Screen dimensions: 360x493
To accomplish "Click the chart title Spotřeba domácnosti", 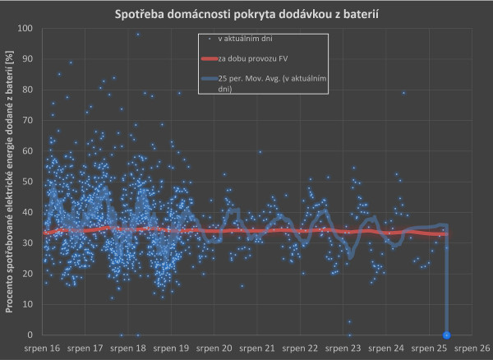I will pyautogui.click(x=246, y=15).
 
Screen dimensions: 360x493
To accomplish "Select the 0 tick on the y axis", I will pyautogui.click(x=30, y=335).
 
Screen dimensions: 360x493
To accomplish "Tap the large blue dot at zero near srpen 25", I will pyautogui.click(x=446, y=335).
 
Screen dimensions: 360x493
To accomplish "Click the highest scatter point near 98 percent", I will pyautogui.click(x=138, y=35).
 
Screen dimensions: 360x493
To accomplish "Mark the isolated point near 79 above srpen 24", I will pyautogui.click(x=403, y=93).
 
